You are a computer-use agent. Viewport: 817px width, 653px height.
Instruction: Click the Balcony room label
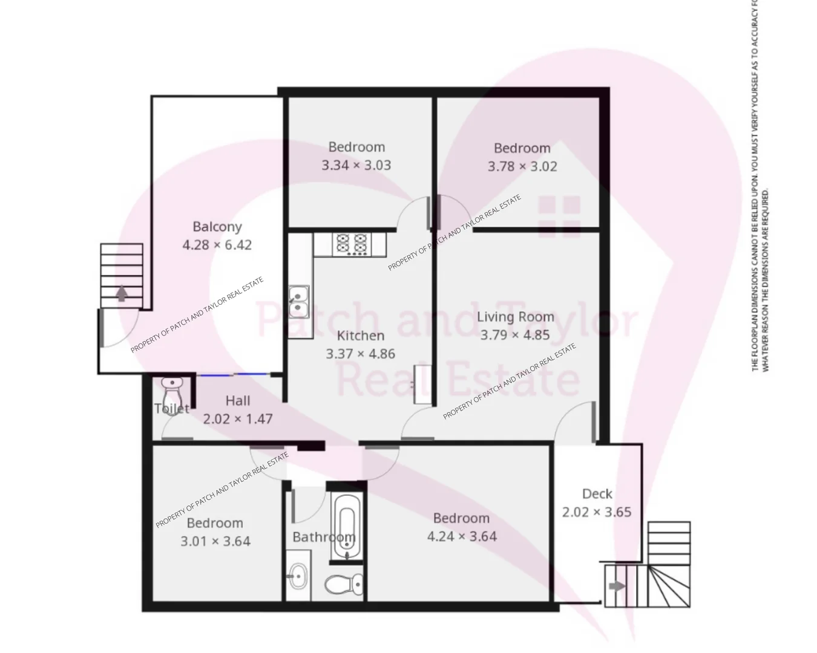click(x=217, y=227)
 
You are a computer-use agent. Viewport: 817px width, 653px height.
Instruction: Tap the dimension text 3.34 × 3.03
click(x=356, y=165)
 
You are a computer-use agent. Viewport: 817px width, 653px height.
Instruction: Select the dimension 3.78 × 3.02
click(x=522, y=166)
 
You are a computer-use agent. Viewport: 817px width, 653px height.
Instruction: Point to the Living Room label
click(x=515, y=317)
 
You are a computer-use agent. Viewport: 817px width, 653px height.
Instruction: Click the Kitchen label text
click(x=361, y=336)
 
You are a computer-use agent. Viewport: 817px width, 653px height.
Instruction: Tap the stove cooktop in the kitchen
click(x=351, y=244)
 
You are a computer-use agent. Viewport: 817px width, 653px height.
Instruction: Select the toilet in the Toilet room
click(x=172, y=390)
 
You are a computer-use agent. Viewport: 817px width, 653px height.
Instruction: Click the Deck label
click(x=597, y=494)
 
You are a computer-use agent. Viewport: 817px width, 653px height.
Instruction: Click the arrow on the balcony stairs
click(x=122, y=293)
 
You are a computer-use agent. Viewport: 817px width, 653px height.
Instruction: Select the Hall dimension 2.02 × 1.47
click(x=238, y=418)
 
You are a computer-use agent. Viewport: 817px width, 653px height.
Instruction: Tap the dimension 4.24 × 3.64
click(x=462, y=536)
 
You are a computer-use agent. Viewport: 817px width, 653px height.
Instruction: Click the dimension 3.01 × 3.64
click(x=215, y=541)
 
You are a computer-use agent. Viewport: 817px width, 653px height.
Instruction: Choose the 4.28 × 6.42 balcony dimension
click(x=217, y=245)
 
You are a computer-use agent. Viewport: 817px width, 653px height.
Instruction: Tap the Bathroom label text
click(x=323, y=537)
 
